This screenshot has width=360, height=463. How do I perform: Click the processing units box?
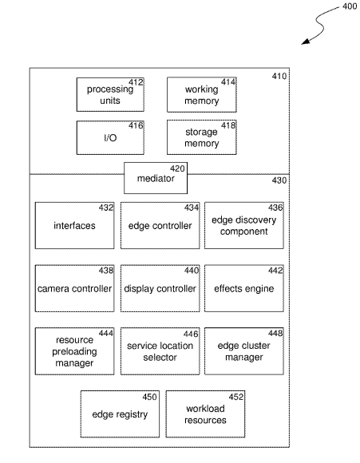pos(110,94)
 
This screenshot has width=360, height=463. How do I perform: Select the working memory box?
pos(202,95)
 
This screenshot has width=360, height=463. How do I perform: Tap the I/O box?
pos(110,137)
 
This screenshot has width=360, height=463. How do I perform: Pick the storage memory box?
pos(202,137)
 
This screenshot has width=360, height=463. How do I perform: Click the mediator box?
pos(156,178)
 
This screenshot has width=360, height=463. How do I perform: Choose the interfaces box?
pos(74,226)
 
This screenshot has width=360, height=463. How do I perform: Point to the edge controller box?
pos(160,226)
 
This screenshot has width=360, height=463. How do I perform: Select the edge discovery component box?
pos(244,226)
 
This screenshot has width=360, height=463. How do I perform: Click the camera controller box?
pos(74,288)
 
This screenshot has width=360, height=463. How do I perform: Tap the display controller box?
pos(160,288)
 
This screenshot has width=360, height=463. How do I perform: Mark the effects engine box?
pos(244,288)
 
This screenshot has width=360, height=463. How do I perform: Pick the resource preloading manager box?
pos(74,351)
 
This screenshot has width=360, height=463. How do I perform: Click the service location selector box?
pos(160,351)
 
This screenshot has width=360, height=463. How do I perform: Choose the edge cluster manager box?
pos(244,351)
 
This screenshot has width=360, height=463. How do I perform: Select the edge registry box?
pos(120,414)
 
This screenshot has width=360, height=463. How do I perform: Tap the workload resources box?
pos(205,414)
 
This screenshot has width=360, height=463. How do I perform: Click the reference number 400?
pos(350,6)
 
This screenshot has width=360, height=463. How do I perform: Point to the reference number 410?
pos(279,76)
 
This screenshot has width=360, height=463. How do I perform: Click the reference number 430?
pos(279,180)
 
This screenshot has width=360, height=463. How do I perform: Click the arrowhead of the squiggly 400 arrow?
pos(302,44)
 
